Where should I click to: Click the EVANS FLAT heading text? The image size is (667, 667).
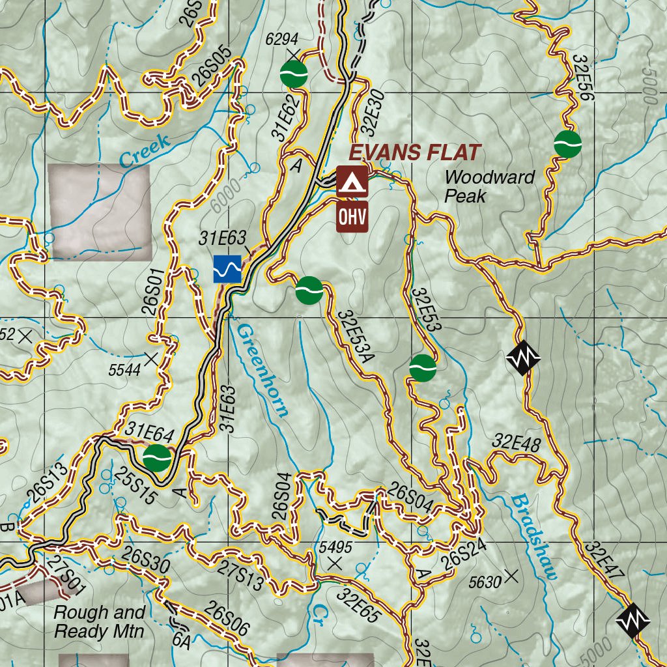tap(415, 153)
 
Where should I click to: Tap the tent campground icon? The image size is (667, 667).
tap(352, 181)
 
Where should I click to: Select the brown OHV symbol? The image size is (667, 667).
tap(352, 217)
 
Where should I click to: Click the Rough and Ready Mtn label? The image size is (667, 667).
tap(99, 622)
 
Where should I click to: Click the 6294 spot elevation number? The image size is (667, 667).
tap(282, 40)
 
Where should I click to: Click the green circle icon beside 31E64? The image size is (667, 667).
tap(157, 458)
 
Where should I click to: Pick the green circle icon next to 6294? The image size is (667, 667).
tap(294, 74)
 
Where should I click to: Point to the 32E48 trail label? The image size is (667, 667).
tap(517, 442)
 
